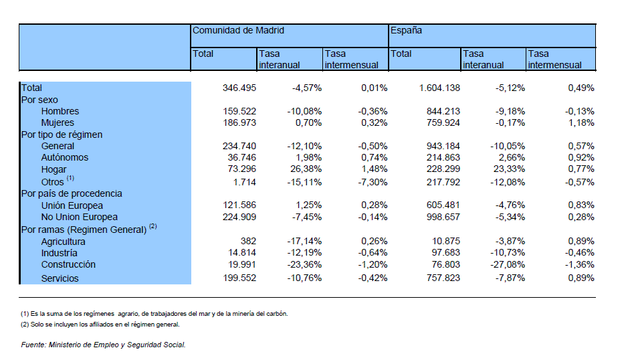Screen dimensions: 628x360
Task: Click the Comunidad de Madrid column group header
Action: click(x=238, y=31)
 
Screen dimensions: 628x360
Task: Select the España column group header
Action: click(x=406, y=31)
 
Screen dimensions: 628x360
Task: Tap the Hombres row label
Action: click(x=60, y=111)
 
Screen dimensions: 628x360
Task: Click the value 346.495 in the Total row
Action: click(x=239, y=88)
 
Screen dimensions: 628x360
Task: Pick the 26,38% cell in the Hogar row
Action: click(x=306, y=169)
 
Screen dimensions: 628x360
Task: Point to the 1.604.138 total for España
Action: click(x=439, y=88)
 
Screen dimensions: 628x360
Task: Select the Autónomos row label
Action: click(x=64, y=157)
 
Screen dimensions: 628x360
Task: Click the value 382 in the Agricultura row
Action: click(x=248, y=241)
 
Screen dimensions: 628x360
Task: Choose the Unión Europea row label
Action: click(x=72, y=205)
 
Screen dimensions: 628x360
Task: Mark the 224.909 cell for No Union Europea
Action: click(x=239, y=217)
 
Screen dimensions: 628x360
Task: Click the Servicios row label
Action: click(x=60, y=278)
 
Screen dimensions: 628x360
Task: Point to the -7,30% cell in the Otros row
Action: click(x=373, y=182)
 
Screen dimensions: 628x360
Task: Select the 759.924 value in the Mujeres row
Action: click(x=443, y=122)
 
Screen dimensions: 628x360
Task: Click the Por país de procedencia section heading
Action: click(x=72, y=193)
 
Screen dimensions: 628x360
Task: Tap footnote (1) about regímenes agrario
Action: click(x=154, y=314)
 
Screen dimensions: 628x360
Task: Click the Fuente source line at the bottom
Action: click(x=104, y=345)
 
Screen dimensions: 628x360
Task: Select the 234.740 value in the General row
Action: click(x=239, y=146)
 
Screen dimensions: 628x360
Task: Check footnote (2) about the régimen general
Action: click(x=100, y=325)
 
